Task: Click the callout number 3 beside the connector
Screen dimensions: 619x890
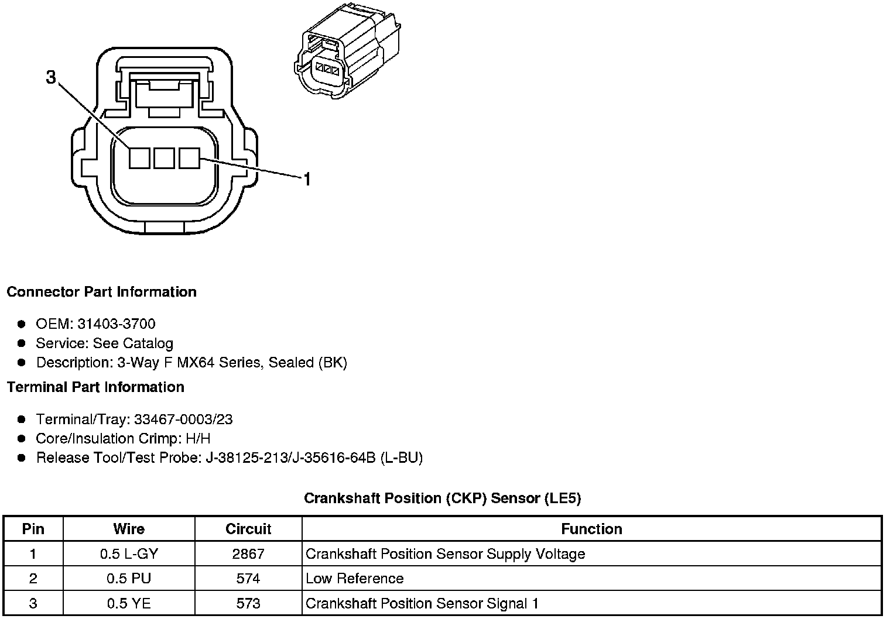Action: click(52, 77)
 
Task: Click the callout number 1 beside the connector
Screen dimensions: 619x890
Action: click(306, 179)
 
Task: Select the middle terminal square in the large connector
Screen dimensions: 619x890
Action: click(164, 158)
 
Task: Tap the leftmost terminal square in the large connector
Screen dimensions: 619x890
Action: click(139, 158)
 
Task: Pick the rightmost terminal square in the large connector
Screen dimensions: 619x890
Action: click(189, 158)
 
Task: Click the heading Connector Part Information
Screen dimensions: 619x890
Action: click(101, 292)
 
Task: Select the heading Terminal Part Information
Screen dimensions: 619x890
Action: click(95, 387)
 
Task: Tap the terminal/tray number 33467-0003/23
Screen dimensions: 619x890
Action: click(183, 419)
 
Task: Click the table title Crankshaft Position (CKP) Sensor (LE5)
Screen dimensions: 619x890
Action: click(442, 498)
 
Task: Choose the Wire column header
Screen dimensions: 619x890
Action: click(129, 529)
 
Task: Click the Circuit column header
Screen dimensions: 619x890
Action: click(248, 529)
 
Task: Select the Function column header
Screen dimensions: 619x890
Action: click(591, 529)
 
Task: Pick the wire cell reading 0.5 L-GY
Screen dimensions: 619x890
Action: click(129, 554)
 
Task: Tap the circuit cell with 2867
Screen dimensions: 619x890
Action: click(248, 554)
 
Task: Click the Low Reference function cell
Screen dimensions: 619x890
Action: click(354, 579)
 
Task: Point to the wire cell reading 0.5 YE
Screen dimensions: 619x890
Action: click(129, 603)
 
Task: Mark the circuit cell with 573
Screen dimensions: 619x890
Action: click(248, 603)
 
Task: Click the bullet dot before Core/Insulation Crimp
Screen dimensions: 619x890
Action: click(22, 439)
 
